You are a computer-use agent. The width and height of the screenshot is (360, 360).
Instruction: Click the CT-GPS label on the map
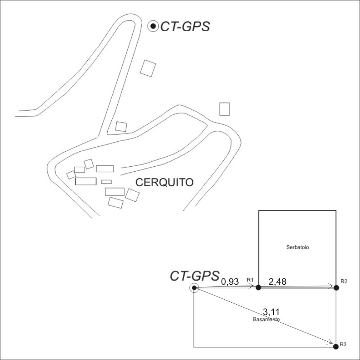(x=185, y=27)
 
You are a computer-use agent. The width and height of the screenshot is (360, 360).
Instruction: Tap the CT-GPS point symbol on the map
(x=153, y=26)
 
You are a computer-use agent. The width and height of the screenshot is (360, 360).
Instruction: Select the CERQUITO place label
(x=165, y=182)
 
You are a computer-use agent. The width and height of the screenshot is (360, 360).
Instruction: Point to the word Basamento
(x=266, y=320)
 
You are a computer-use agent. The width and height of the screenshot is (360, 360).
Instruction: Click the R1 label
(x=250, y=280)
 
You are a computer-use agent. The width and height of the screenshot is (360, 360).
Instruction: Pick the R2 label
(x=343, y=281)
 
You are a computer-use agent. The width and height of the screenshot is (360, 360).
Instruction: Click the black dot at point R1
(x=258, y=287)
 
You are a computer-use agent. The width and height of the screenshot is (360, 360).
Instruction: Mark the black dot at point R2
(x=336, y=287)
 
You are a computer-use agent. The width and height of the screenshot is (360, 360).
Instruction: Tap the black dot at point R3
(x=336, y=346)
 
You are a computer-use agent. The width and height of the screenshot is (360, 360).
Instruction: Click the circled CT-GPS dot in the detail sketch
(x=194, y=288)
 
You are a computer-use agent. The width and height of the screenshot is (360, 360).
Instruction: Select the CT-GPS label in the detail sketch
(x=194, y=276)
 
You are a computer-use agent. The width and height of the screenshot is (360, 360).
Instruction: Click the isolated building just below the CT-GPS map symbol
(x=148, y=68)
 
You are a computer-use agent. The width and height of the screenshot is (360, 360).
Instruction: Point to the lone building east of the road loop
(x=224, y=109)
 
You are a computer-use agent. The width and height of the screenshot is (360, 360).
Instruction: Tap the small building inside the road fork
(x=121, y=126)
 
